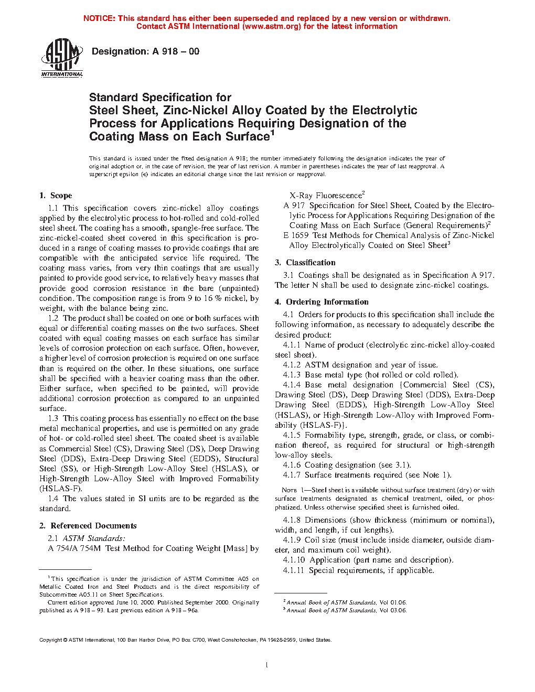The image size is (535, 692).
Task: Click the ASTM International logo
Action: pyautogui.click(x=62, y=58)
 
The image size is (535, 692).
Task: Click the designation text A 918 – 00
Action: pyautogui.click(x=176, y=51)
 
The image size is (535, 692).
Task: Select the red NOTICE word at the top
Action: pyautogui.click(x=99, y=18)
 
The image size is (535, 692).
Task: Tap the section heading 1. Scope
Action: pyautogui.click(x=56, y=196)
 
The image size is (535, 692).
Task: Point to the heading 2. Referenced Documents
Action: pyautogui.click(x=88, y=526)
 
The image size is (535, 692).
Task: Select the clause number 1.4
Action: pyautogui.click(x=53, y=499)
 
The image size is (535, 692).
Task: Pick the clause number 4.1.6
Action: pyautogui.click(x=292, y=465)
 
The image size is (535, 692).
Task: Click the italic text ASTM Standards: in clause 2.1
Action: pyautogui.click(x=94, y=538)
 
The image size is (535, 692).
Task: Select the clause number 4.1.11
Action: pyautogui.click(x=294, y=570)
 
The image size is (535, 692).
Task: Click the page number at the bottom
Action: pyautogui.click(x=267, y=665)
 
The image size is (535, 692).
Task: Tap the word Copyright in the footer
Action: pyautogui.click(x=51, y=640)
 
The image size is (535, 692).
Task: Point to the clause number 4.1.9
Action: pyautogui.click(x=292, y=540)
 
